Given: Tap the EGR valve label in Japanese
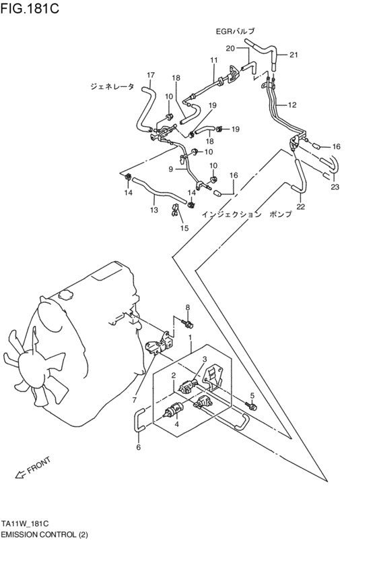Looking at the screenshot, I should [235, 31].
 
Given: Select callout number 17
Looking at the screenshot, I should [151, 75].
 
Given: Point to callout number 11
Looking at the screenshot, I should [213, 61].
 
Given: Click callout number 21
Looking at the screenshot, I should [294, 55].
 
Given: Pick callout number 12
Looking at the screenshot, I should [292, 105].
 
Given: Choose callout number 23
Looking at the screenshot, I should [335, 188].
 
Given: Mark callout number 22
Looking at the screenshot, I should [300, 206].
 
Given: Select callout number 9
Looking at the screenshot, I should [171, 169].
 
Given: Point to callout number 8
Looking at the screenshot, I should [188, 308].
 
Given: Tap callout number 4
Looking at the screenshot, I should [177, 425].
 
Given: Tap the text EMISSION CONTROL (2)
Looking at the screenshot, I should [44, 534].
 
